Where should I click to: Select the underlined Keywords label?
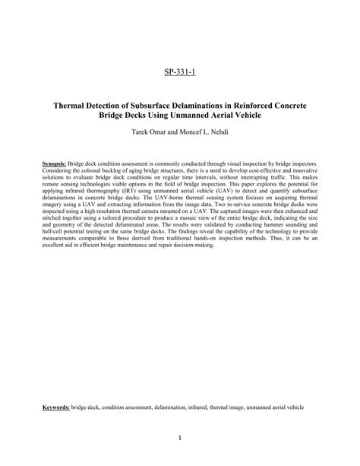point(55,407)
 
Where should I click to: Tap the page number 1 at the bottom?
point(180,437)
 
